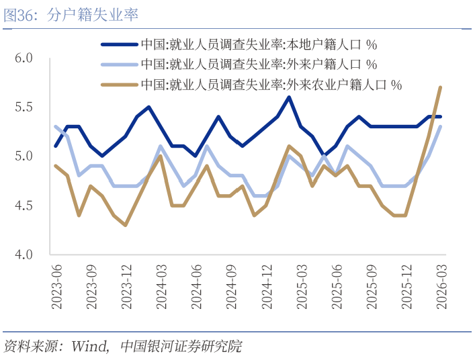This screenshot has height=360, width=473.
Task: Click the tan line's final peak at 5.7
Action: [440, 87]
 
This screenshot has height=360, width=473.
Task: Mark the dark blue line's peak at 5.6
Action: [288, 97]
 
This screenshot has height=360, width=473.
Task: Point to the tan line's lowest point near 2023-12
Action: [126, 225]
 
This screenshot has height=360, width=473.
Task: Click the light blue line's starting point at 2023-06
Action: [56, 126]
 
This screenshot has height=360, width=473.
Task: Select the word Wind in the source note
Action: [90, 347]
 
